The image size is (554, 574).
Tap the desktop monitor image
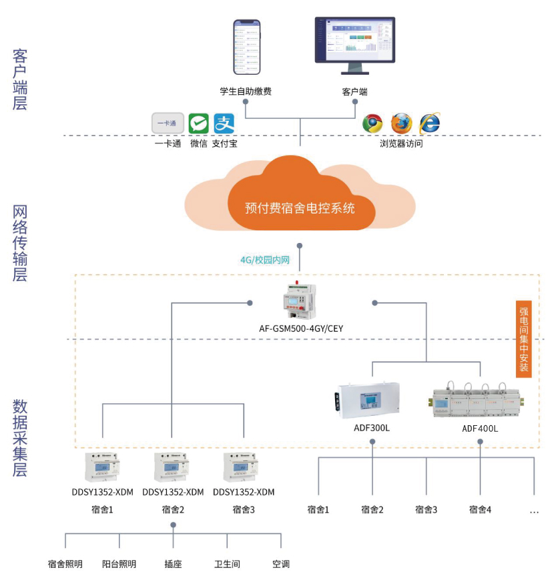pyautogui.click(x=355, y=45)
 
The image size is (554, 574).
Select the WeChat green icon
pyautogui.click(x=198, y=123)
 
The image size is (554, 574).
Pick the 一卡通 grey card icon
pyautogui.click(x=168, y=123)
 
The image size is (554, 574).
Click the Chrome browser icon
pyautogui.click(x=372, y=123)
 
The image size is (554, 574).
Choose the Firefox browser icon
pyautogui.click(x=401, y=123)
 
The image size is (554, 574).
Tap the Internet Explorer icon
pyautogui.click(x=429, y=123)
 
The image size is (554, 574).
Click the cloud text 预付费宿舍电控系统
pyautogui.click(x=300, y=208)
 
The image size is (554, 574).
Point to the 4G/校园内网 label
pyautogui.click(x=265, y=260)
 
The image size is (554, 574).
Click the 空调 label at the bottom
pyautogui.click(x=281, y=564)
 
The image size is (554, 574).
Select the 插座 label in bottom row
pyautogui.click(x=173, y=564)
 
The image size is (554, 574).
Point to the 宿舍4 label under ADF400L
pyautogui.click(x=480, y=510)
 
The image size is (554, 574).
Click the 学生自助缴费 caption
pyautogui.click(x=246, y=91)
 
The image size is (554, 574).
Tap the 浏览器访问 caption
pyautogui.click(x=401, y=143)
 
